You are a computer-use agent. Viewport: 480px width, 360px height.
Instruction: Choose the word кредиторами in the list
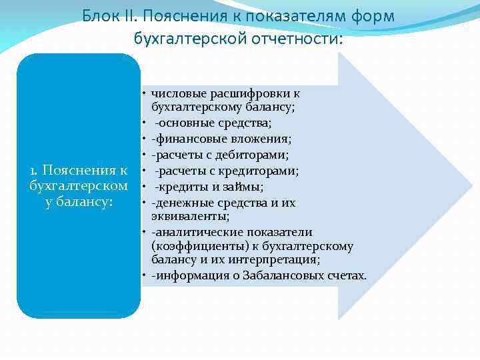(267, 171)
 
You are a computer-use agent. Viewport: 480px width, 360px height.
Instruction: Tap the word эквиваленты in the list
(190, 216)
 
